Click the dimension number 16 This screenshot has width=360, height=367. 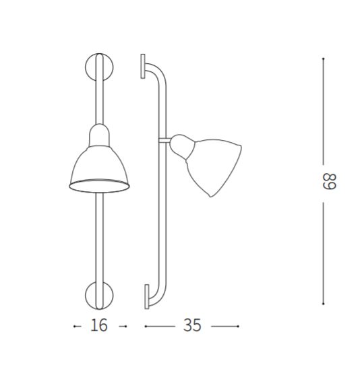click(99, 325)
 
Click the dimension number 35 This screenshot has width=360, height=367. click(192, 325)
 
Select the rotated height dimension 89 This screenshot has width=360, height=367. click(330, 181)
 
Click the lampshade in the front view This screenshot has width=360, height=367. click(99, 169)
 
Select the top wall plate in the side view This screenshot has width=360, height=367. click(143, 66)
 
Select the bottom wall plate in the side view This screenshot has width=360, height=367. click(147, 296)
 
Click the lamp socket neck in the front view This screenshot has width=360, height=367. click(99, 135)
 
